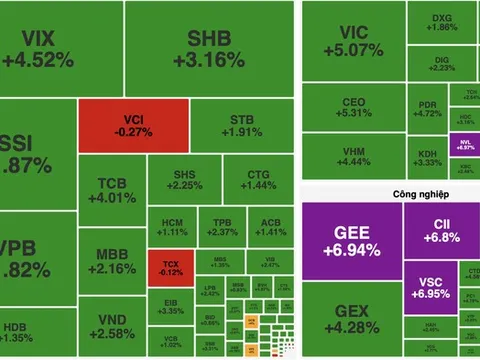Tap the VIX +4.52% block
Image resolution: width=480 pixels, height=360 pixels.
(x=37, y=48)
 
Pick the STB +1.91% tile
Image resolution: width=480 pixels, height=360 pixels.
(x=240, y=127)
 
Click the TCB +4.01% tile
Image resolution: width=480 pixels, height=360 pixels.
(x=110, y=190)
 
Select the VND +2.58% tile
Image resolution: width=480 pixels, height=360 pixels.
(x=110, y=325)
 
